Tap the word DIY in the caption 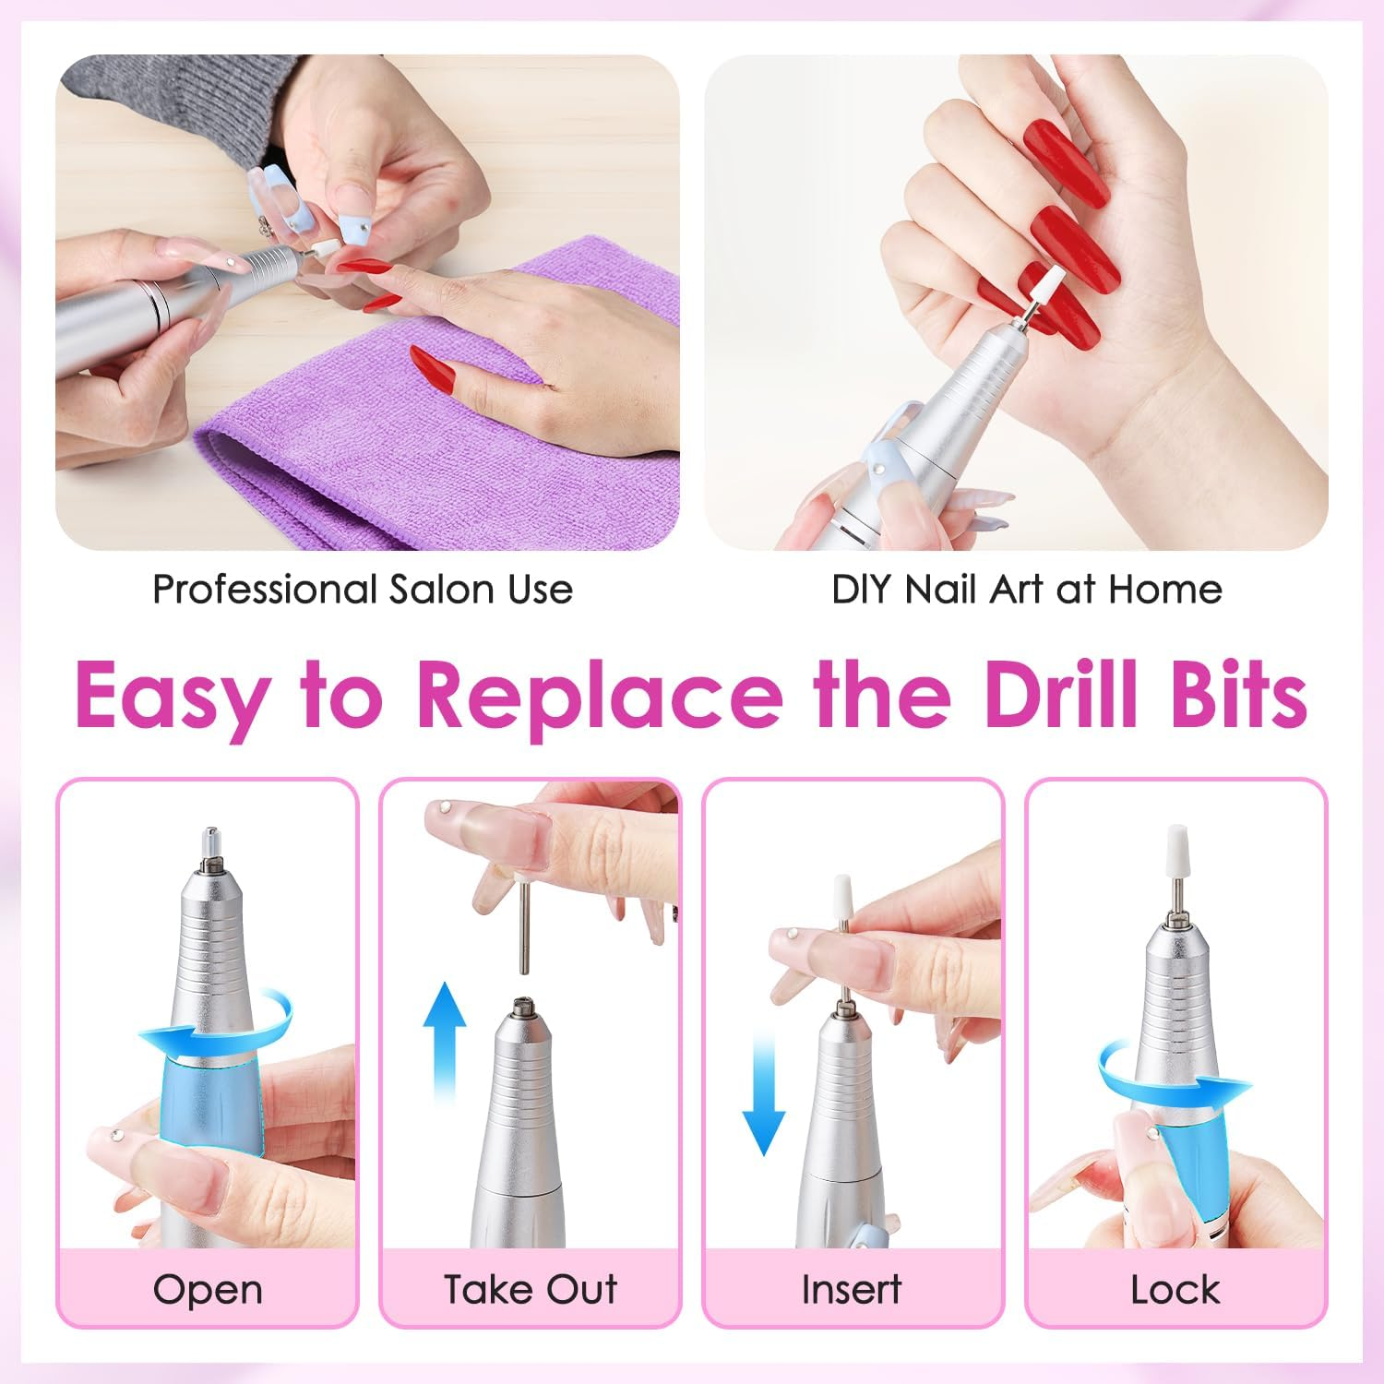click(863, 589)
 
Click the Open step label click(208, 1289)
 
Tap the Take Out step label click(530, 1289)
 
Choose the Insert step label click(851, 1289)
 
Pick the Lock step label click(1175, 1289)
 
